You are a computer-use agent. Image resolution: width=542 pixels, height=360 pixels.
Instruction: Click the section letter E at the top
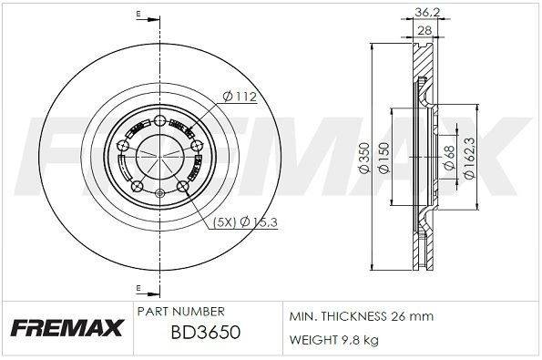[137, 15]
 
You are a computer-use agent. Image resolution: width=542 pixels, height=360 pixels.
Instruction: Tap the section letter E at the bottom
[137, 290]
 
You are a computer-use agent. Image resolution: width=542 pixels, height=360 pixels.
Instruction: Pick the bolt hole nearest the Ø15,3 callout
[182, 187]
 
